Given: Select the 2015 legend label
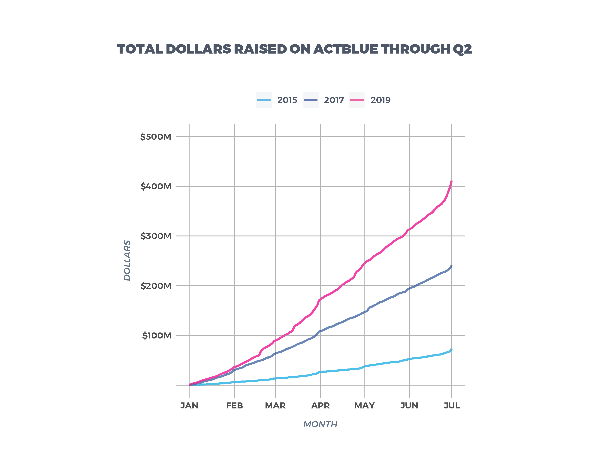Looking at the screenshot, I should click(x=287, y=100).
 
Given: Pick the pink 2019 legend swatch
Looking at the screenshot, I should click(x=357, y=100).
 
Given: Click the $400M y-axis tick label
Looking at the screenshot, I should click(x=156, y=186).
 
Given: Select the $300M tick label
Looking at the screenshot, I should click(x=156, y=236).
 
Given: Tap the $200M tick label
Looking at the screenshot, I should click(x=156, y=286).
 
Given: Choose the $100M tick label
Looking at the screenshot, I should click(x=157, y=336).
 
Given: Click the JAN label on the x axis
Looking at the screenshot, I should click(x=189, y=406).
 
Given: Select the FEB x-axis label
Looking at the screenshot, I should click(x=234, y=406).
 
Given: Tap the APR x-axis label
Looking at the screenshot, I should click(x=320, y=406).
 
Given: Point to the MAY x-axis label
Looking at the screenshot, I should click(x=364, y=406).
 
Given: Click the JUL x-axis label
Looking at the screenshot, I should click(x=452, y=406).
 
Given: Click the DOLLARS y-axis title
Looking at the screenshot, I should click(x=127, y=260).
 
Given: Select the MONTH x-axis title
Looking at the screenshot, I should click(x=320, y=424).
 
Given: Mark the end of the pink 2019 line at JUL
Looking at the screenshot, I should click(x=452, y=181).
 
